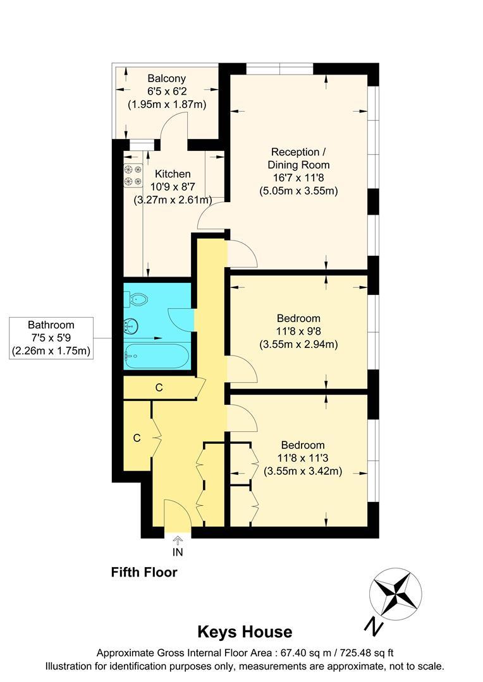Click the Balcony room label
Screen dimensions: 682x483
pyautogui.click(x=167, y=79)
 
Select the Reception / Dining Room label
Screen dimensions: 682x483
pyautogui.click(x=300, y=158)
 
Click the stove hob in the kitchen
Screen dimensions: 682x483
pyautogui.click(x=133, y=176)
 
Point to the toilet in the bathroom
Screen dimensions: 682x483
pyautogui.click(x=137, y=299)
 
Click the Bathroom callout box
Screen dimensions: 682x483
pyautogui.click(x=51, y=338)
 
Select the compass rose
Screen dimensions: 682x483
pyautogui.click(x=395, y=593)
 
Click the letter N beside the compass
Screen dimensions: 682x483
pyautogui.click(x=374, y=626)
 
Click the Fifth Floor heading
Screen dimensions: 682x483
pyautogui.click(x=144, y=573)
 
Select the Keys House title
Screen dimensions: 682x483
pyautogui.click(x=245, y=631)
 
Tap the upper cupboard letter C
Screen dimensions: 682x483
pyautogui.click(x=159, y=388)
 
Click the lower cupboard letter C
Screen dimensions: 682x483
pyautogui.click(x=137, y=438)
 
